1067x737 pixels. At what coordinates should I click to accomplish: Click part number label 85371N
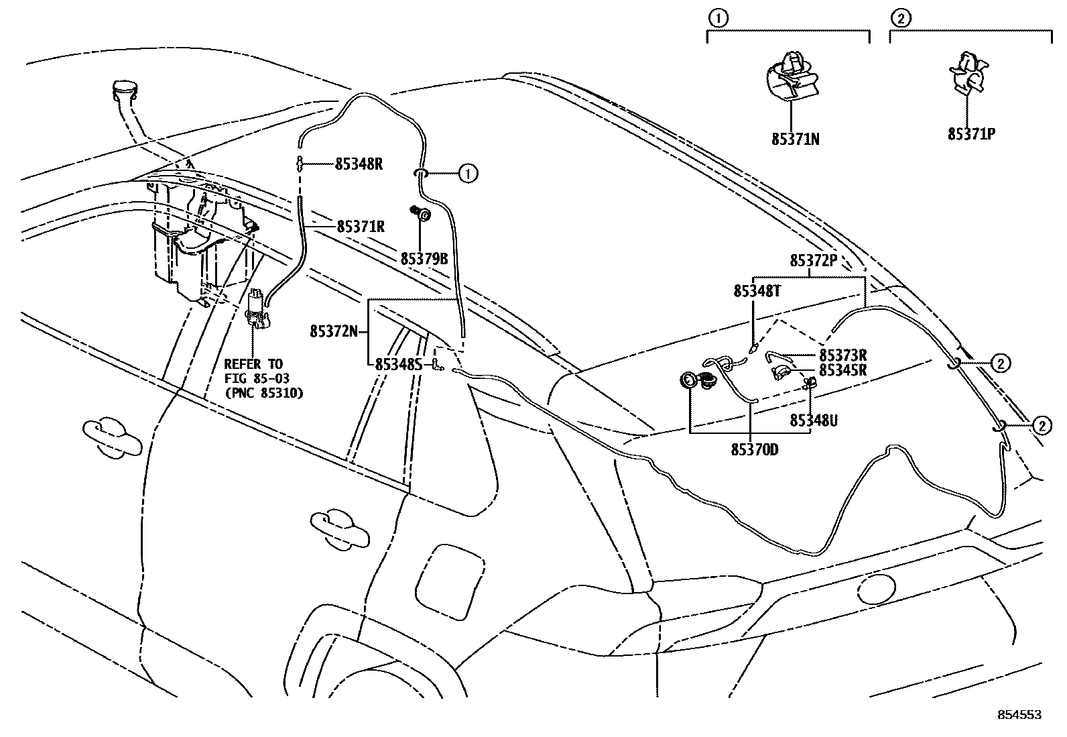coord(795,139)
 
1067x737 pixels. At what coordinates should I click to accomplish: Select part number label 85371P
coord(970,133)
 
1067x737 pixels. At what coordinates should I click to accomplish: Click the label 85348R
coord(359,164)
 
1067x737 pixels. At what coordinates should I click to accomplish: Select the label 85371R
coord(361,227)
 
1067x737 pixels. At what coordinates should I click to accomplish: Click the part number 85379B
coord(424,258)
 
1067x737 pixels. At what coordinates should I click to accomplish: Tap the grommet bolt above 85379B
coord(422,214)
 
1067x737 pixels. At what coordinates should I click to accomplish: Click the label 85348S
coord(398,364)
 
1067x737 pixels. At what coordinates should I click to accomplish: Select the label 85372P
coord(814,261)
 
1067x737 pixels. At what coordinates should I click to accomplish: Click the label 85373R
coord(843,355)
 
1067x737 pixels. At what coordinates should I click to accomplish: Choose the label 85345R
coord(843,370)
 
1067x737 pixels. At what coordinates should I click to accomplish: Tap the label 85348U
coord(814,420)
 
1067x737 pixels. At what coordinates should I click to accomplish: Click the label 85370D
coord(755,449)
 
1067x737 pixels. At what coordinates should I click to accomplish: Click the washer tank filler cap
coord(125,88)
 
